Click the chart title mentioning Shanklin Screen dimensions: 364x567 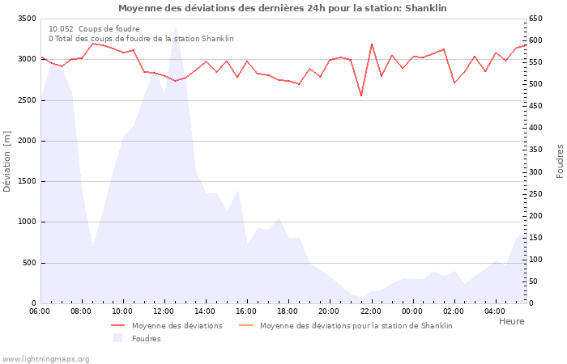coord(282,8)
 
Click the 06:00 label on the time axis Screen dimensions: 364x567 coord(40,311)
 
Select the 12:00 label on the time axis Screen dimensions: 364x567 coord(164,311)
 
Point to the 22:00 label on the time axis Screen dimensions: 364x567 coord(371,311)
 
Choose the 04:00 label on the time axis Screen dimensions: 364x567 coord(495,311)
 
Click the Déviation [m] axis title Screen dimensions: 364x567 coord(7,161)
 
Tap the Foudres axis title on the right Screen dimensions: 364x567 coord(560,161)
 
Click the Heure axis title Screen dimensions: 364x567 coord(511,321)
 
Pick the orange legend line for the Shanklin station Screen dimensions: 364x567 coord(246,325)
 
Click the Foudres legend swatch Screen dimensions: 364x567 coord(117,338)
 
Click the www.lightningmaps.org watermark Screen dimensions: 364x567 coord(45,358)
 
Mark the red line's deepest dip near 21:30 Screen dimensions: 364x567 coord(361,96)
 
